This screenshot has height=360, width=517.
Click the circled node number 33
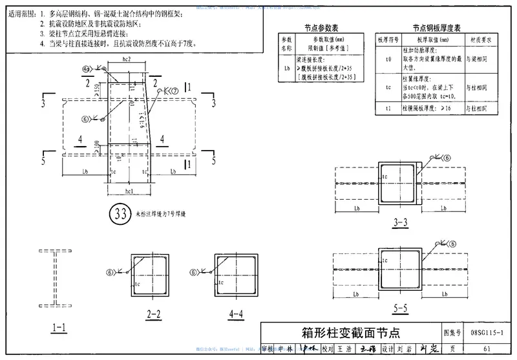[120, 214]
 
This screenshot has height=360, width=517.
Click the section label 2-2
[154, 315]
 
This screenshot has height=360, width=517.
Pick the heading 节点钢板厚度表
[437, 28]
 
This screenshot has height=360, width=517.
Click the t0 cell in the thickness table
[388, 59]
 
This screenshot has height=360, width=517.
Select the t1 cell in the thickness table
[388, 108]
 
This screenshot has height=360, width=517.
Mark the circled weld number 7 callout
[174, 92]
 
